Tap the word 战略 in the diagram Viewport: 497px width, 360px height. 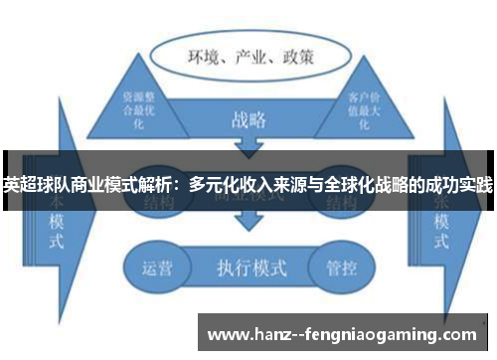(x=248, y=121)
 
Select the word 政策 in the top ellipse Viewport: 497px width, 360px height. (x=294, y=58)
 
